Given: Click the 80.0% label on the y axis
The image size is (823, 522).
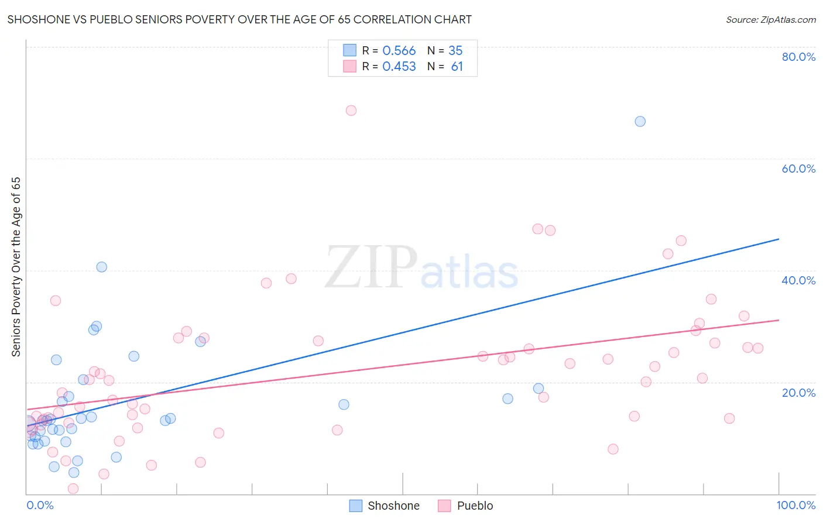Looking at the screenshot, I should pos(798,57).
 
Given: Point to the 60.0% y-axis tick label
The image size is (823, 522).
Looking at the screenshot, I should pos(798,169).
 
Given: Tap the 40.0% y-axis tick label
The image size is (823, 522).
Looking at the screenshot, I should pos(798,280).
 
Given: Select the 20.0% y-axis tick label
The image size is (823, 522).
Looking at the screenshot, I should pos(798,393).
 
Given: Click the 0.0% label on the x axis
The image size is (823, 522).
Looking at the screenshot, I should pos(40,505).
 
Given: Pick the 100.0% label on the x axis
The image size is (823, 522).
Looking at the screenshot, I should pos(795,505).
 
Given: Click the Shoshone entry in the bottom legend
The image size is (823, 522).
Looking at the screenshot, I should pos(385,506).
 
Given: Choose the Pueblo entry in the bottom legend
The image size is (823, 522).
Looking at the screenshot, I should pos(466,506).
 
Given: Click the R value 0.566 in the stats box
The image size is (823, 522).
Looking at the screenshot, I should pos(399,51).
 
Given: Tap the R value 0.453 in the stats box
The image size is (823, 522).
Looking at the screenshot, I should pos(399,67).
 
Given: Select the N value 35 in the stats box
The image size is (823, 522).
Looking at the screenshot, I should pos(455,51).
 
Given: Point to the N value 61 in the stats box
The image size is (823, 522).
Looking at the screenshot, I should pos(457,67).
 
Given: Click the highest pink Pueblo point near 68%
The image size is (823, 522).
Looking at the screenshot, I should pos(351,111).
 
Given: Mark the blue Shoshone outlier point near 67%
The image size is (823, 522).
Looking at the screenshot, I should pos(640,122).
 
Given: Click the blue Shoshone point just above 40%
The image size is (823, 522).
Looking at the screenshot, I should pos(102,267).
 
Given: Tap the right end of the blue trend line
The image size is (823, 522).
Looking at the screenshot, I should pos(779,239).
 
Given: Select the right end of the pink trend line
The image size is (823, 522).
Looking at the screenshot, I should pos(779,320).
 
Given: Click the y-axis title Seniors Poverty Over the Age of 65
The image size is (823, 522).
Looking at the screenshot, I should pos(16,267).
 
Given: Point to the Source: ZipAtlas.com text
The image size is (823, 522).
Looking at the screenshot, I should pos(770,20).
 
